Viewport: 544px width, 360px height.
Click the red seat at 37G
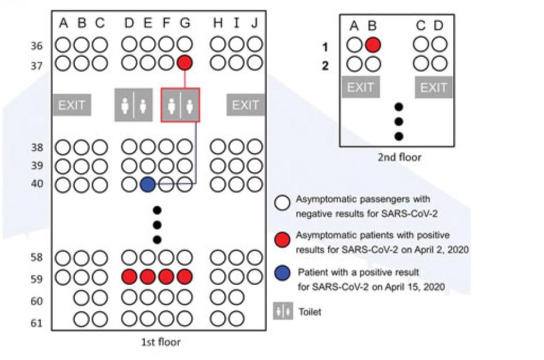click(x=185, y=63)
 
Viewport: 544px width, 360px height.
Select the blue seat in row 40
click(x=148, y=185)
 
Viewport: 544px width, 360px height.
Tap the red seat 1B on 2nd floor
click(x=373, y=45)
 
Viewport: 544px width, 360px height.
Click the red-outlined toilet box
click(x=180, y=105)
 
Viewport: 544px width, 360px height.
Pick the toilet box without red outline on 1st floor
click(x=134, y=105)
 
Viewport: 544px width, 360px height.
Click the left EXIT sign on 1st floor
click(x=72, y=105)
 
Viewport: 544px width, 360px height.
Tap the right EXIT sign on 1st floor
click(x=245, y=105)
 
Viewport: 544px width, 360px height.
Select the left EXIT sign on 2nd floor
click(x=361, y=87)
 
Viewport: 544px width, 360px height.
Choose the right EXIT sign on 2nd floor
click(x=434, y=87)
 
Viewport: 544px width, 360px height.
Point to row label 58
click(x=37, y=258)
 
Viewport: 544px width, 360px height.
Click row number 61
click(x=37, y=323)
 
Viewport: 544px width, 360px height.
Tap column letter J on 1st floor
click(x=255, y=23)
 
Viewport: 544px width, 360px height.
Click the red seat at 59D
click(x=129, y=277)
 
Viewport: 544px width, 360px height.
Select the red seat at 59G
click(x=185, y=277)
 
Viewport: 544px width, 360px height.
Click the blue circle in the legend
click(x=283, y=274)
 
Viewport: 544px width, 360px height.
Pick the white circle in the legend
click(x=283, y=202)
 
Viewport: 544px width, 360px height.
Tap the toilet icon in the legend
click(x=283, y=311)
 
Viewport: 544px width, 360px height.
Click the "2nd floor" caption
click(x=399, y=157)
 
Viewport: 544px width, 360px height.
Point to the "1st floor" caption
click(x=160, y=343)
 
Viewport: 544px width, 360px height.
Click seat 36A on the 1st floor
click(x=64, y=45)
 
